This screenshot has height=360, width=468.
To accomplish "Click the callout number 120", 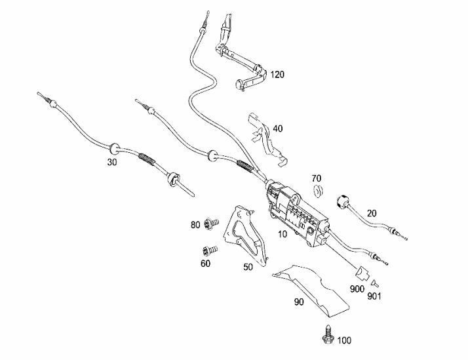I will [277, 75].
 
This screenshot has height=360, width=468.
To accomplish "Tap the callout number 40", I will [277, 129].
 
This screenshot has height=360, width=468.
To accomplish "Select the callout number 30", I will [112, 162].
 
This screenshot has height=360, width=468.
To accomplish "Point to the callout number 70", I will [317, 178].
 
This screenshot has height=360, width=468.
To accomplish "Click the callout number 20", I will [372, 213].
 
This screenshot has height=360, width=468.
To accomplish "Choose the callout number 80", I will [195, 225].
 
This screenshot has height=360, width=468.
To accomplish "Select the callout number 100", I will [345, 340].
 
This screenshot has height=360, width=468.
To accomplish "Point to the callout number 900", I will [357, 289].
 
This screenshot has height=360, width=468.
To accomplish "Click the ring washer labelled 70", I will [319, 191].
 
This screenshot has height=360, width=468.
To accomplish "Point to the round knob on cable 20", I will [341, 201].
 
